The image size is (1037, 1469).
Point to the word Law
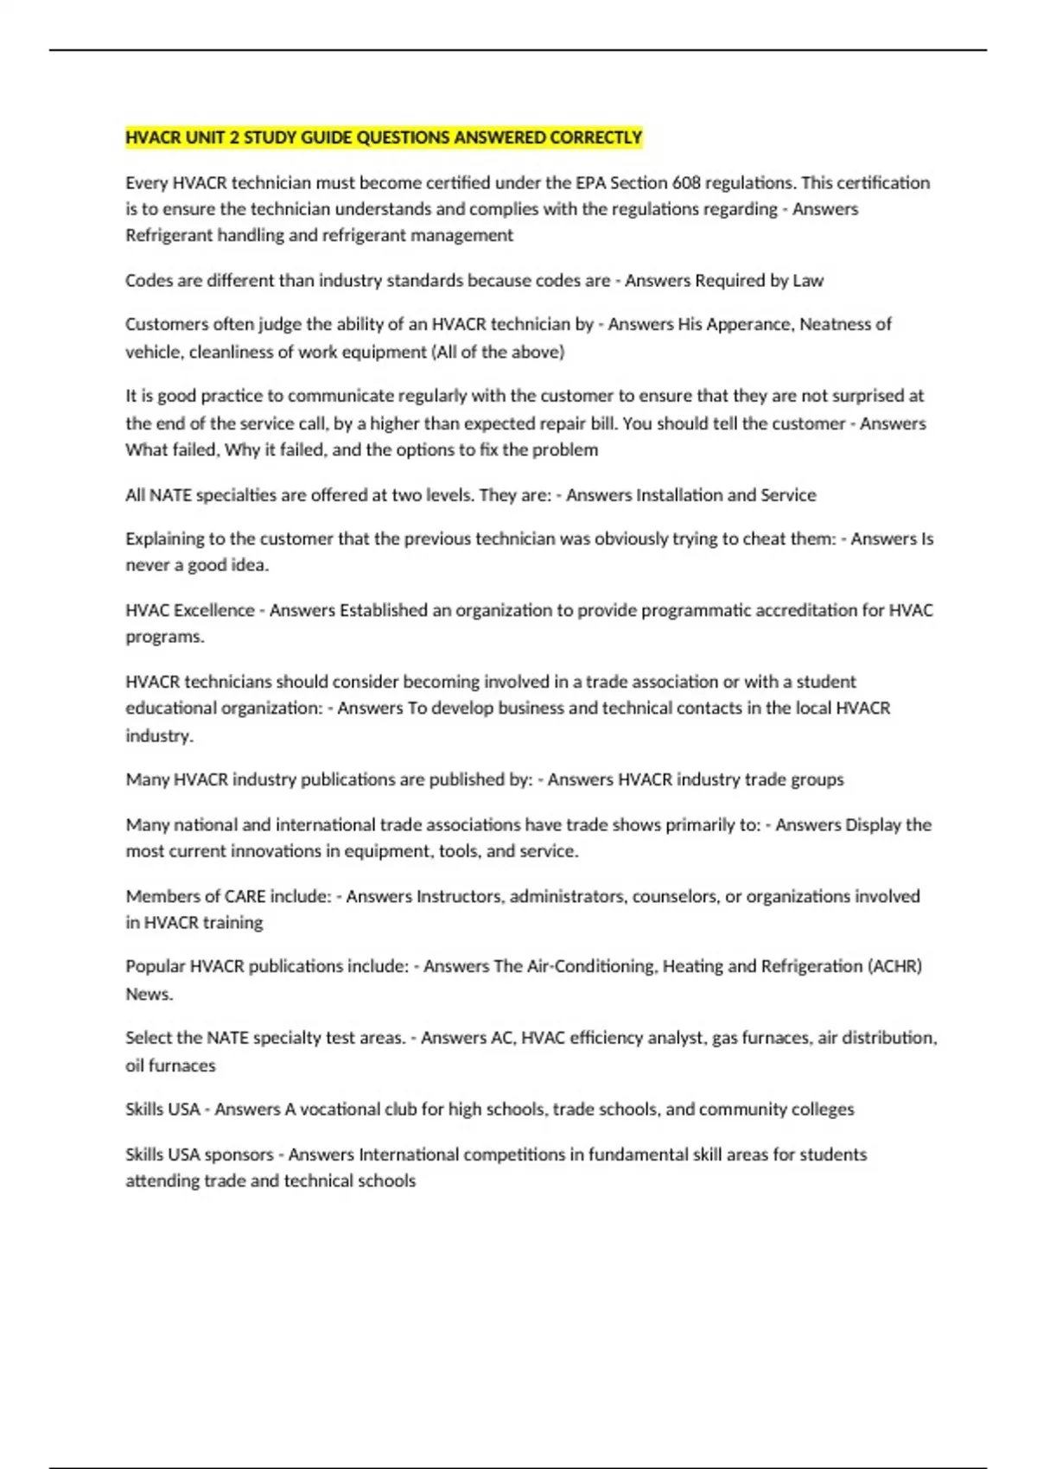[x=808, y=280]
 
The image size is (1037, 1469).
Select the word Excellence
[x=214, y=610]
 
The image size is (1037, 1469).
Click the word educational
[x=169, y=708]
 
